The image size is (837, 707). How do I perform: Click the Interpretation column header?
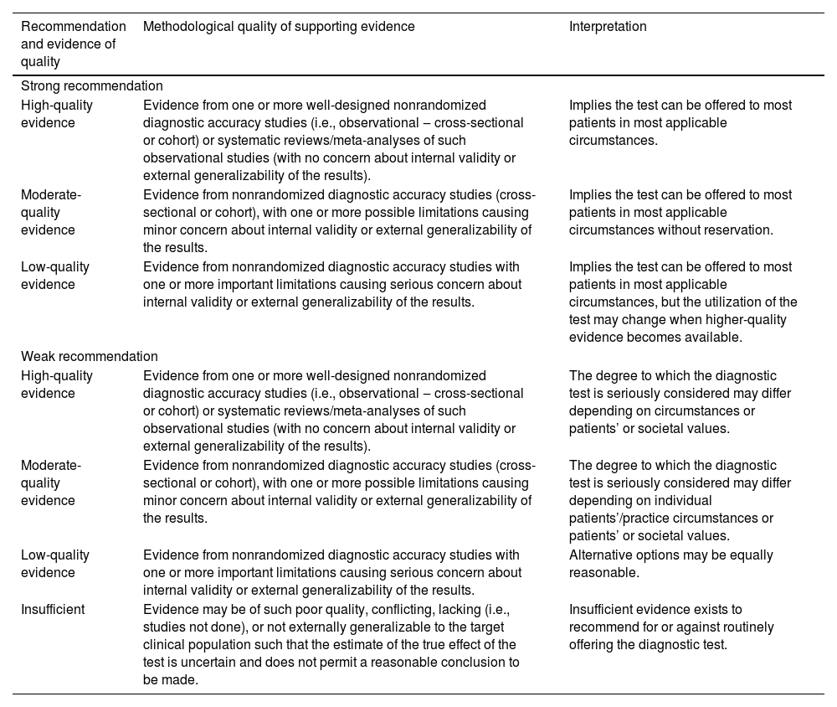point(608,27)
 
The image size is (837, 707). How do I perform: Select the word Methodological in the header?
point(185,27)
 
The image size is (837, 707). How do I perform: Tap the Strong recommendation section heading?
point(92,86)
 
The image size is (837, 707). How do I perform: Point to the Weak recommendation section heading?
point(90,357)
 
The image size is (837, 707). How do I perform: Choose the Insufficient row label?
point(53,609)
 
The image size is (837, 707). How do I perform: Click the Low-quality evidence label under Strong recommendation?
point(55,276)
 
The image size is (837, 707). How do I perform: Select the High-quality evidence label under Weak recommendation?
point(57,384)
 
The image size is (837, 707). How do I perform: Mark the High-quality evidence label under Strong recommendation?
point(57,114)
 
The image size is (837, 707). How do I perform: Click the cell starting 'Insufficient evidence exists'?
point(671,627)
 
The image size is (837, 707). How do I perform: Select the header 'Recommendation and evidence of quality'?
point(74,44)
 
